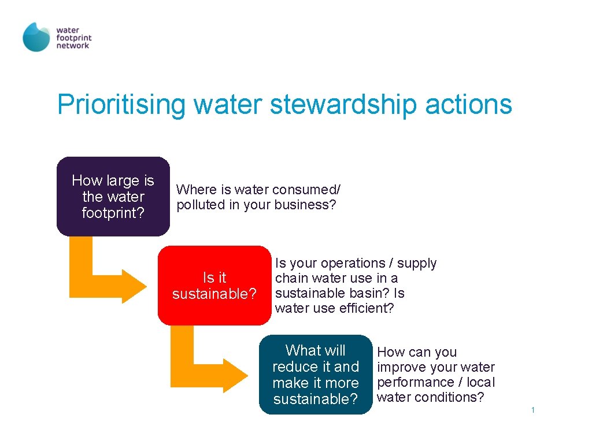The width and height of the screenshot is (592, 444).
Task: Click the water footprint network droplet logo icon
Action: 36,38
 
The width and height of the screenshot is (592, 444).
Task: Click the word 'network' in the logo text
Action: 73,46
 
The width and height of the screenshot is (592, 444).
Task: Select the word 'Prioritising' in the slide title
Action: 121,105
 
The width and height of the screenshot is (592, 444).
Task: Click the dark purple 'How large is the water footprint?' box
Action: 113,197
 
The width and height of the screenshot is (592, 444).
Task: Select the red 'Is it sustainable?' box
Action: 214,286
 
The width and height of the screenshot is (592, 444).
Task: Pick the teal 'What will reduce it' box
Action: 315,375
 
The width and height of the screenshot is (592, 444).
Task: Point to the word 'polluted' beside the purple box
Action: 200,205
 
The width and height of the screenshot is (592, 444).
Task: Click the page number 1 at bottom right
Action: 532,410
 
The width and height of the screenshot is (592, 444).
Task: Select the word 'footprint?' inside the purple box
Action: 113,213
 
